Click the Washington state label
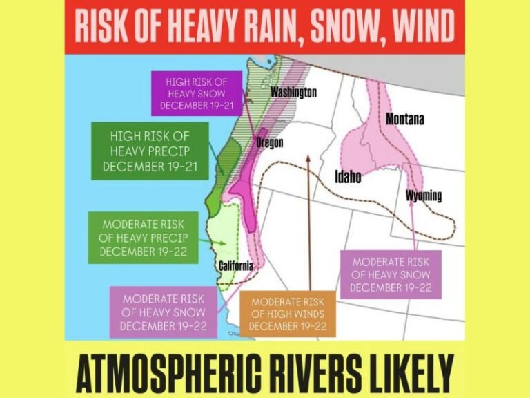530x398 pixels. point(293,92)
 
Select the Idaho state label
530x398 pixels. point(348,177)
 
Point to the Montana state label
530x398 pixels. point(405,119)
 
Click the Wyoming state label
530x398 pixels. point(424,196)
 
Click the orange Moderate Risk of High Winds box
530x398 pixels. point(288,314)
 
